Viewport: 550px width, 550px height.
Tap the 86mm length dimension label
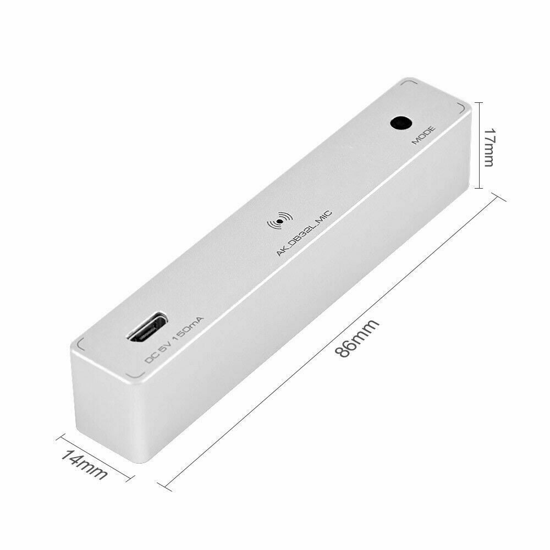(358, 338)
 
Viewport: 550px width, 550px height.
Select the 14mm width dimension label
(84, 464)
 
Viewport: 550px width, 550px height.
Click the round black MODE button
(401, 123)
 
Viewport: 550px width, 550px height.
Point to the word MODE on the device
(424, 135)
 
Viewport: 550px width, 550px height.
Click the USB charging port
(147, 327)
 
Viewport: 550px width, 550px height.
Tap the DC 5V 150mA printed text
(174, 340)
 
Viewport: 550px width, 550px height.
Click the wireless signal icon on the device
(279, 221)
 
